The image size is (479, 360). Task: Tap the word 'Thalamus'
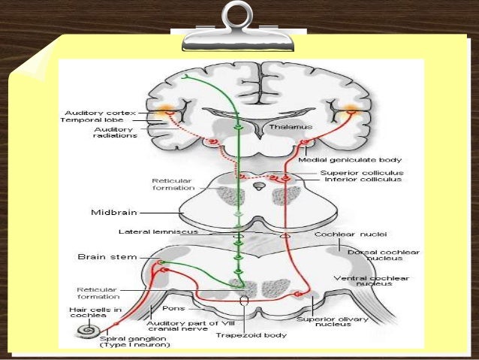click(287, 126)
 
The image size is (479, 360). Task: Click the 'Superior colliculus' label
click(351, 172)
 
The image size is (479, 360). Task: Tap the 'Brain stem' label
click(107, 256)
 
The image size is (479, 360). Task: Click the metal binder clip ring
click(238, 17)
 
